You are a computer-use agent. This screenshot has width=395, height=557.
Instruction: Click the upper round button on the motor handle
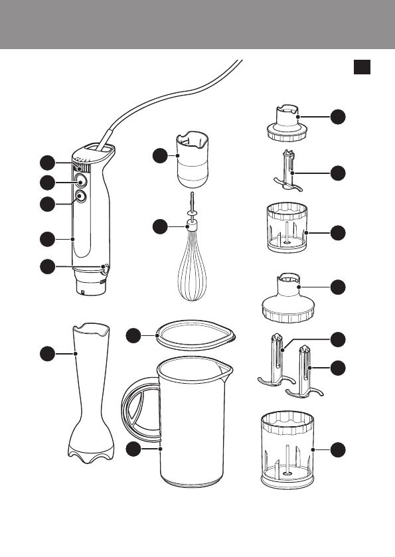pyautogui.click(x=80, y=181)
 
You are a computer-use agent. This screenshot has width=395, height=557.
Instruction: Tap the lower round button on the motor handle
pyautogui.click(x=80, y=197)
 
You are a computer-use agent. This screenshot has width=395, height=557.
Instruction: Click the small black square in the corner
pyautogui.click(x=360, y=67)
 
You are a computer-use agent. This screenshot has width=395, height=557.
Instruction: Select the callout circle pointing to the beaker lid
pyautogui.click(x=135, y=337)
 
